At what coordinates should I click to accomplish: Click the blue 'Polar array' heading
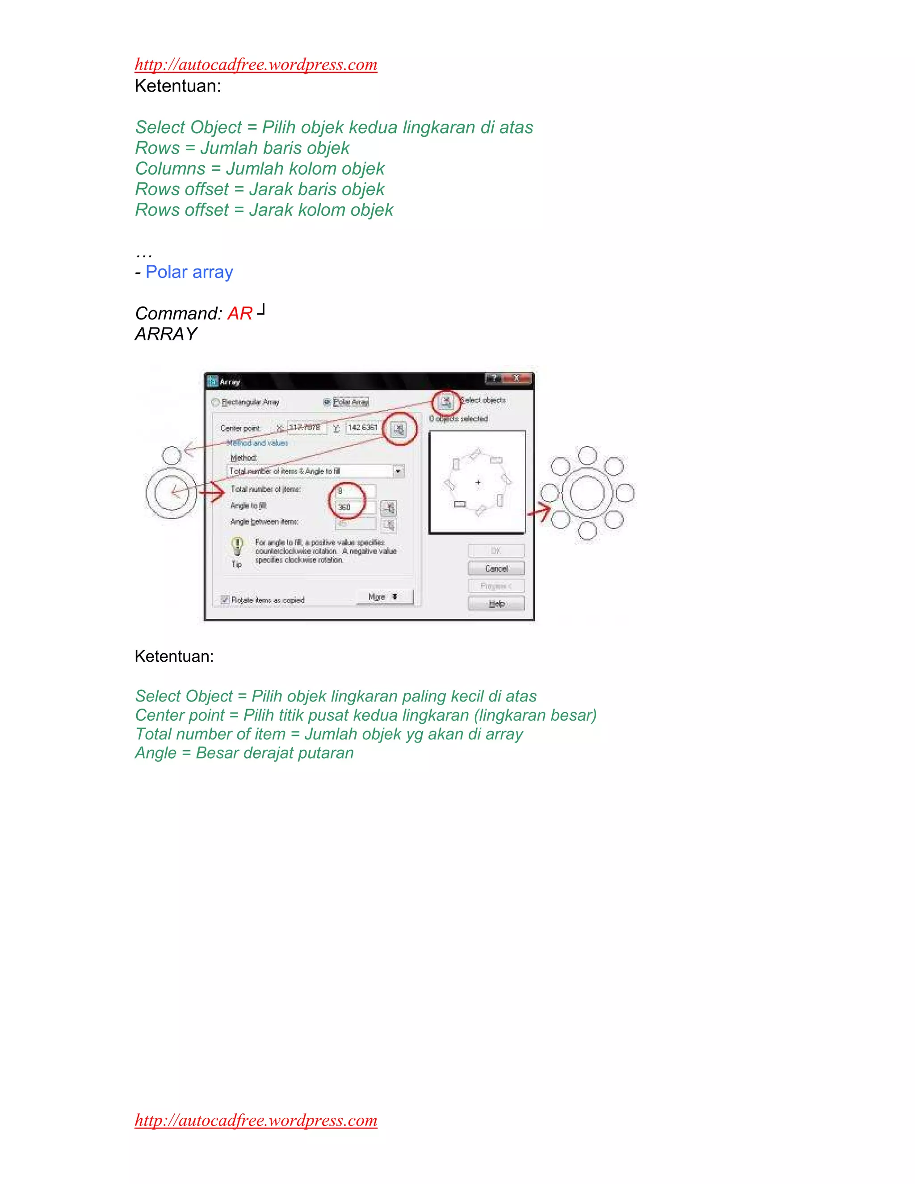pyautogui.click(x=189, y=272)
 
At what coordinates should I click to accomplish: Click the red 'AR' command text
pyautogui.click(x=239, y=313)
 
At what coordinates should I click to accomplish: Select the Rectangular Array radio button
pyautogui.click(x=215, y=402)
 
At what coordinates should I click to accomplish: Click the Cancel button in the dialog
pyautogui.click(x=496, y=568)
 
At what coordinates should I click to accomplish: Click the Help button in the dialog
pyautogui.click(x=496, y=603)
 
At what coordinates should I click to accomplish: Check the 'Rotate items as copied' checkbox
pyautogui.click(x=224, y=600)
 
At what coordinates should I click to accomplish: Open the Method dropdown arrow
pyautogui.click(x=399, y=471)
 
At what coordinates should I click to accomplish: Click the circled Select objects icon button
pyautogui.click(x=446, y=402)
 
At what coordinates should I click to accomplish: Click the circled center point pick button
pyautogui.click(x=399, y=429)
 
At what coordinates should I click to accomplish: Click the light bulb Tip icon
pyautogui.click(x=237, y=544)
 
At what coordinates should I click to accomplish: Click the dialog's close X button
pyautogui.click(x=516, y=378)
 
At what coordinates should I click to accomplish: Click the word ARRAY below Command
pyautogui.click(x=166, y=334)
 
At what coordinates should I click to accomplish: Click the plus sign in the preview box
pyautogui.click(x=478, y=482)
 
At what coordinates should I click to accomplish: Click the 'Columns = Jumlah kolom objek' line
pyautogui.click(x=260, y=168)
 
